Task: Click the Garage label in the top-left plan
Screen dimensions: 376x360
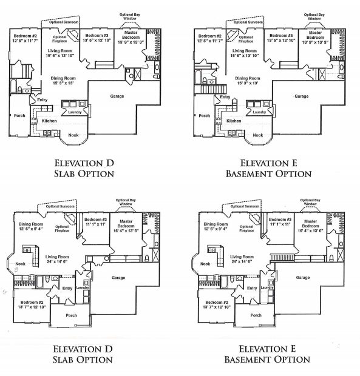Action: (117, 96)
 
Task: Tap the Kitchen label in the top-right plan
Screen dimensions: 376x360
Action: (234, 121)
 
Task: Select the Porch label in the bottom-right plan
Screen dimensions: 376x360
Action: (256, 315)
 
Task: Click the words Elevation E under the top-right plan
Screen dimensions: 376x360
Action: (268, 163)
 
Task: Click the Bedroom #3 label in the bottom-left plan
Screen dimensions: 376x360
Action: (96, 220)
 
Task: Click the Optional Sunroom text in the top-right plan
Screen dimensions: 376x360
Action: (247, 22)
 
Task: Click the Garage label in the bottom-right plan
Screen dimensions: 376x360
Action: (303, 277)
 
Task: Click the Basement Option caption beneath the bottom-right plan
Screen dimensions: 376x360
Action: (268, 360)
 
